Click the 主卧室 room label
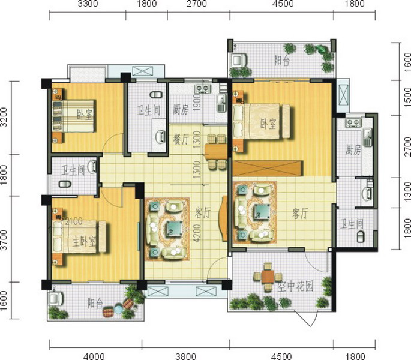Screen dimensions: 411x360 pos(84,242)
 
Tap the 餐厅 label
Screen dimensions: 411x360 pos(181,139)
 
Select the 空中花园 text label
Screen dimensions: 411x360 pos(295,287)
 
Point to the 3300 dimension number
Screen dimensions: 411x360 pos(88,4)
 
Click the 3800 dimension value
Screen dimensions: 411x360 pos(185,356)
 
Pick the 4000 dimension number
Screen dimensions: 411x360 pos(94,356)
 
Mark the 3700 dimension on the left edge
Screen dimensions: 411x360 pos(4,239)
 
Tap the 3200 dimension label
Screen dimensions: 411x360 pos(4,117)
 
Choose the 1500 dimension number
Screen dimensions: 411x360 pos(407,97)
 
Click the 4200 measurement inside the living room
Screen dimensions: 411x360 pos(198,233)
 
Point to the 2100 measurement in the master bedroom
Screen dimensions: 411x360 pos(74,221)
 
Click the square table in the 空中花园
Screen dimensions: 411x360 pos(268,277)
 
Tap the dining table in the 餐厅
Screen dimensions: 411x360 pos(215,152)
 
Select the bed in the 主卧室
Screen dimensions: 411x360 pos(79,237)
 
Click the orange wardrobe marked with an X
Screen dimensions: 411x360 pos(268,169)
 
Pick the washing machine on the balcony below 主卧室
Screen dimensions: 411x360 pos(55,299)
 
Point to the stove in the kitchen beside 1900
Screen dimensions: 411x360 pos(202,89)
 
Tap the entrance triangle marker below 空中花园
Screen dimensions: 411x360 pos(305,318)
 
